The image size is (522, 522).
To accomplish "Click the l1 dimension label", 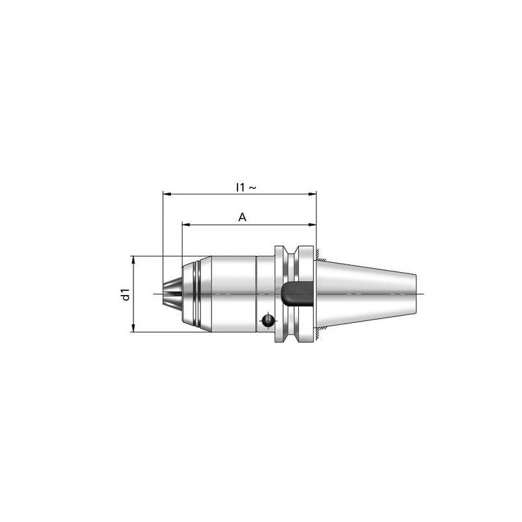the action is point(240,187).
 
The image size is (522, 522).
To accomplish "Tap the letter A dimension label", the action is point(242,217).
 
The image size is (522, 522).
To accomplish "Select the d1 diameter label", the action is point(126,294).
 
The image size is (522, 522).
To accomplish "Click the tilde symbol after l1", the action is point(253,188).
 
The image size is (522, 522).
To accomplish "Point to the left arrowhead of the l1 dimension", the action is point(166,194).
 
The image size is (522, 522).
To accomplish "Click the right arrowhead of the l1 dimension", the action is point(313,194).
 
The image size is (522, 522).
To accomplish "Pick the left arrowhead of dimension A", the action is point(186,224).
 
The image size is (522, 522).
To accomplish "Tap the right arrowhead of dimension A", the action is point(313,224).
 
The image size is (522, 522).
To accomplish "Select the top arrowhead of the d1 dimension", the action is point(133,260).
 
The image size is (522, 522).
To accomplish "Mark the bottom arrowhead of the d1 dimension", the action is point(133,328).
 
